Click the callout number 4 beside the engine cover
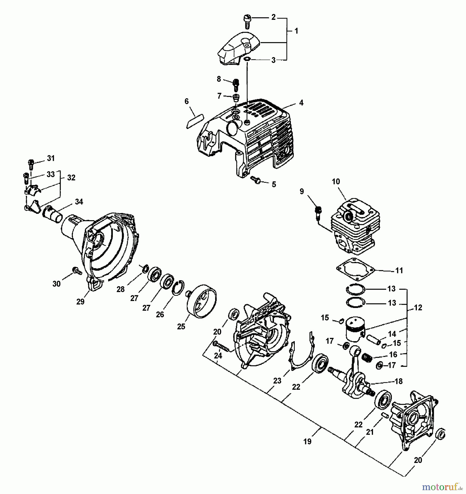pyautogui.click(x=301, y=103)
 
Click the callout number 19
pyautogui.click(x=307, y=441)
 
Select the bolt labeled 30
pyautogui.click(x=77, y=271)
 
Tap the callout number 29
pyautogui.click(x=80, y=302)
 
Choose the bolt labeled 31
pyautogui.click(x=31, y=164)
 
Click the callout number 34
pyautogui.click(x=79, y=202)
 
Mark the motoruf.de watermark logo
pyautogui.click(x=442, y=487)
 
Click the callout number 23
pyautogui.click(x=277, y=381)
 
